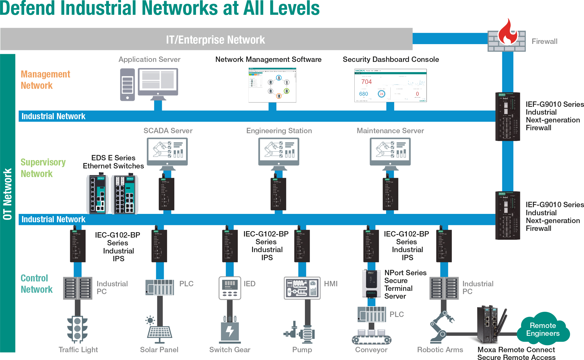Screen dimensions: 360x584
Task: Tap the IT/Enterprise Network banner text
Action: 215,40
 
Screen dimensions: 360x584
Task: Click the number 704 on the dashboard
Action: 366,82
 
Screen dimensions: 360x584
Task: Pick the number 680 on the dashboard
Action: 364,94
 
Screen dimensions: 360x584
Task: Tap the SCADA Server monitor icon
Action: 167,152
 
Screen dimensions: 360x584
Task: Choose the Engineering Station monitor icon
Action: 279,152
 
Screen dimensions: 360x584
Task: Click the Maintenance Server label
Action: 390,131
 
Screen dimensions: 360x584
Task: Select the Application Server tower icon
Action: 127,84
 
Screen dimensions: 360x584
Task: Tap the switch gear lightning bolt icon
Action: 230,331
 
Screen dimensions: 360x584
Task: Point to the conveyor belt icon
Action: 372,338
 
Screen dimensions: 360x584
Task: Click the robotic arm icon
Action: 441,327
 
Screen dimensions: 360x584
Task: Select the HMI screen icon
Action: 302,288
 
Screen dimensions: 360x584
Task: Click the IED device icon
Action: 230,288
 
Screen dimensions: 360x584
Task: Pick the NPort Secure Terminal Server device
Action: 371,284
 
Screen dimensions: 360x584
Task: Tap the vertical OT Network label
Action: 8,194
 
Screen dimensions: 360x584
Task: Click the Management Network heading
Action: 45,80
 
